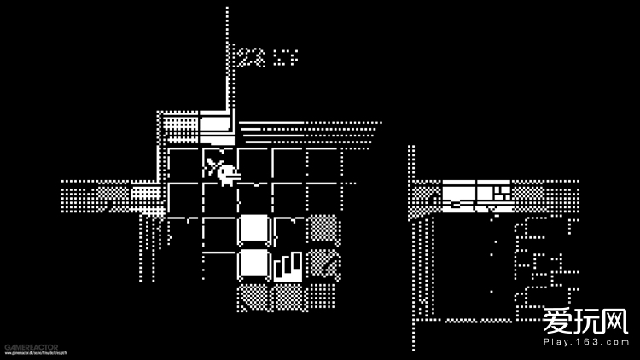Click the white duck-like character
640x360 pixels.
coord(227,174)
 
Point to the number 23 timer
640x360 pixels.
coord(251,57)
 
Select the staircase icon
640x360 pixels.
coord(288,264)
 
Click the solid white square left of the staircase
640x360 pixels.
coord(253,264)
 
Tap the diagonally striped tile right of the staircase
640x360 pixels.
coord(323,264)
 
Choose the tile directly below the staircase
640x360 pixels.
coord(288,298)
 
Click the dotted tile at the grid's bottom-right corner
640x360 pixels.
coord(323,297)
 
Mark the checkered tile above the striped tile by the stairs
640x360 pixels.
coord(323,229)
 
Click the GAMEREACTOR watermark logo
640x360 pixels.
coord(32,347)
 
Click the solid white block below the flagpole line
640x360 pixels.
coord(215,124)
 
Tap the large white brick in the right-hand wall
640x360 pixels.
coord(460,189)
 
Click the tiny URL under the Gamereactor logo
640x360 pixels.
coord(32,353)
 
